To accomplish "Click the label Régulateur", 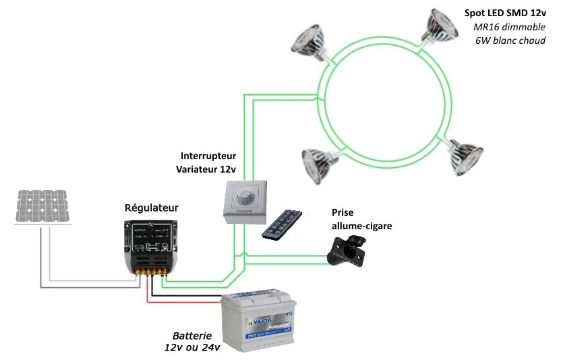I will click(152, 208).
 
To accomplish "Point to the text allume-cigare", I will click(361, 226).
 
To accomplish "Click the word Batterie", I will click(192, 335).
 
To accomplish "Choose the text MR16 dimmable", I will click(509, 27).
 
